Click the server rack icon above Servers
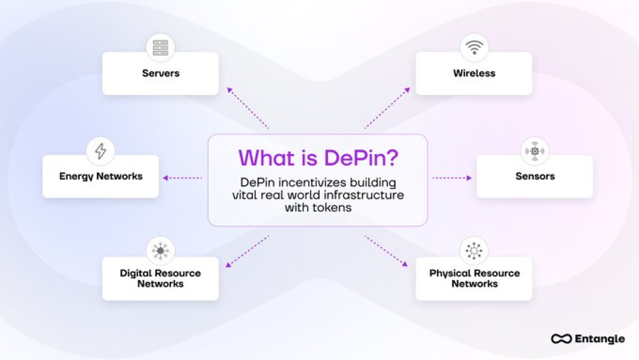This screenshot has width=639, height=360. (x=160, y=48)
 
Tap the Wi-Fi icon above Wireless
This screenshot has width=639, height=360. (x=474, y=48)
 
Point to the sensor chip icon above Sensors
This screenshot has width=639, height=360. (x=534, y=151)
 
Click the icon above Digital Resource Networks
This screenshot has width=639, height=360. (x=160, y=251)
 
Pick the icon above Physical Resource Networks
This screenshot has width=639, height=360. (x=474, y=251)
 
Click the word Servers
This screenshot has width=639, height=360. (x=161, y=73)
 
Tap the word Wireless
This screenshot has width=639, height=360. (x=474, y=73)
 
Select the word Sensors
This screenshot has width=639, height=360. (x=535, y=176)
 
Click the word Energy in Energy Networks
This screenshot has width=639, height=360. (x=76, y=176)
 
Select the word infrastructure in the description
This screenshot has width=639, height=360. (x=364, y=195)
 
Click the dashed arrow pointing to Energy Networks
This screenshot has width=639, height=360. (x=183, y=178)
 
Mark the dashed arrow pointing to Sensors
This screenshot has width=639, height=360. (x=452, y=178)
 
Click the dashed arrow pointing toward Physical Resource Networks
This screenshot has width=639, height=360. (x=386, y=251)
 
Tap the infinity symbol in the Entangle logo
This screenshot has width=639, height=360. (x=561, y=339)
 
